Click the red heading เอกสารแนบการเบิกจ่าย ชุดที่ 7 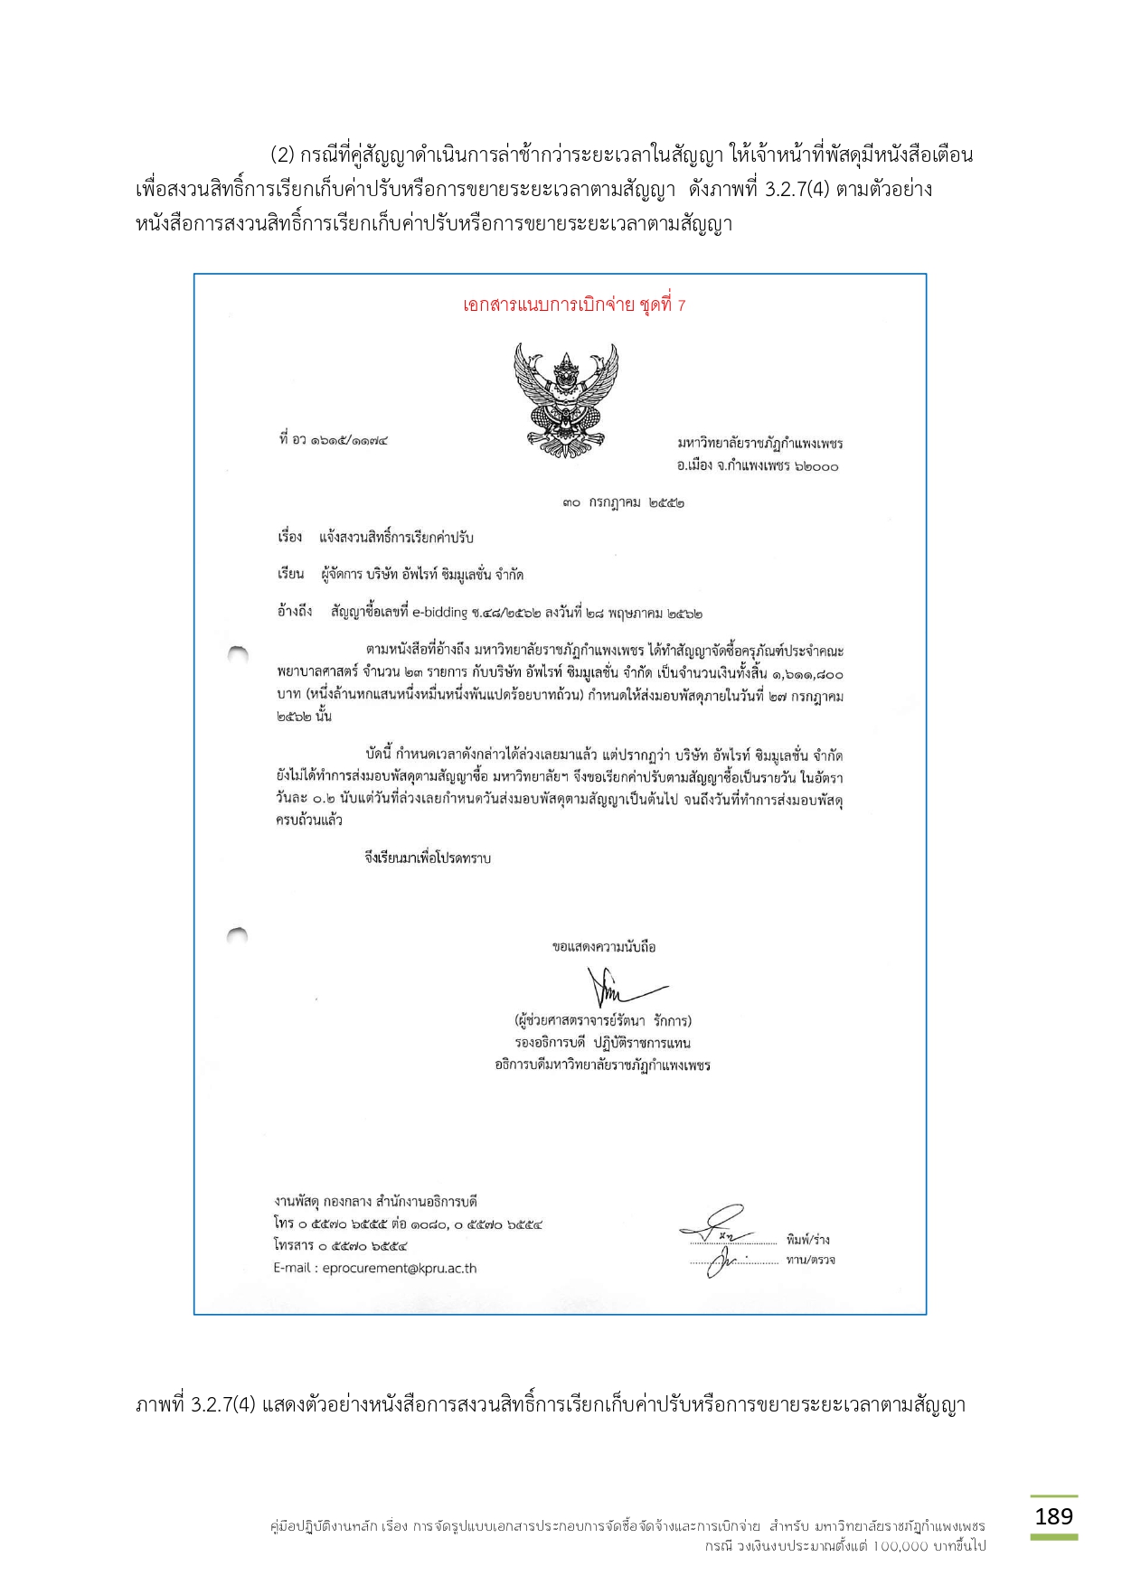point(573,305)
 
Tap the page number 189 point(1053,1515)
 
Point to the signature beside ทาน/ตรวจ point(727,1258)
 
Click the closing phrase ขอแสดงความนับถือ point(603,947)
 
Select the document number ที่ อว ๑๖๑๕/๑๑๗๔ point(334,441)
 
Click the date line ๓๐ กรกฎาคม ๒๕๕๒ point(622,502)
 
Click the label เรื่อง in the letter point(289,538)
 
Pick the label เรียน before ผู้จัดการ point(290,575)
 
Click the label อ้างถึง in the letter point(295,613)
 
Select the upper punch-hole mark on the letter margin point(238,653)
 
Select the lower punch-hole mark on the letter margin point(238,935)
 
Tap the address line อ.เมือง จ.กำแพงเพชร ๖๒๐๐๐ point(758,466)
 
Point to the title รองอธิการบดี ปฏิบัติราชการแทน point(602,1043)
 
